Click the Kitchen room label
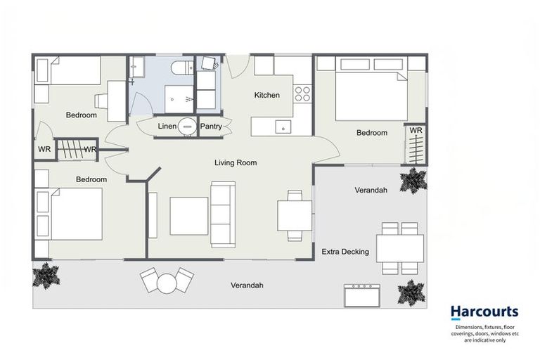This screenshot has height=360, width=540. pos(267,95)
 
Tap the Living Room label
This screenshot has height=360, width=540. pos(236,162)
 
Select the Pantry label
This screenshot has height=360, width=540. pos(211,127)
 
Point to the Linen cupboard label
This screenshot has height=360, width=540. pos(167,127)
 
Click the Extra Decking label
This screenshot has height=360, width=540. pos(345,252)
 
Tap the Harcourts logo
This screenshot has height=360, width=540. pos(484,311)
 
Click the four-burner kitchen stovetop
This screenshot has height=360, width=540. pos(303,94)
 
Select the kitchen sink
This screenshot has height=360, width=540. pos(283,127)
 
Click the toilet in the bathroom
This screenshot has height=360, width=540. pos(183,67)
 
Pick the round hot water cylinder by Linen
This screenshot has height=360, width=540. pos(187,126)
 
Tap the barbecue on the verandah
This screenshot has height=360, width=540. pos(362,295)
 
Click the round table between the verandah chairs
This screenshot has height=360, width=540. pos(167,283)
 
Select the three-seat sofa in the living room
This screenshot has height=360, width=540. pos(223,214)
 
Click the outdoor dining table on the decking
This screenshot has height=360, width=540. pos(400,248)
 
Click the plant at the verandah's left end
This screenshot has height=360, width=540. pos(46,276)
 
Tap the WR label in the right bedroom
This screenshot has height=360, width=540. pos(416,131)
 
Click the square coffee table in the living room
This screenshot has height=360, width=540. pos(188,216)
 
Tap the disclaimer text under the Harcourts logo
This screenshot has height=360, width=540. pos(485,333)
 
